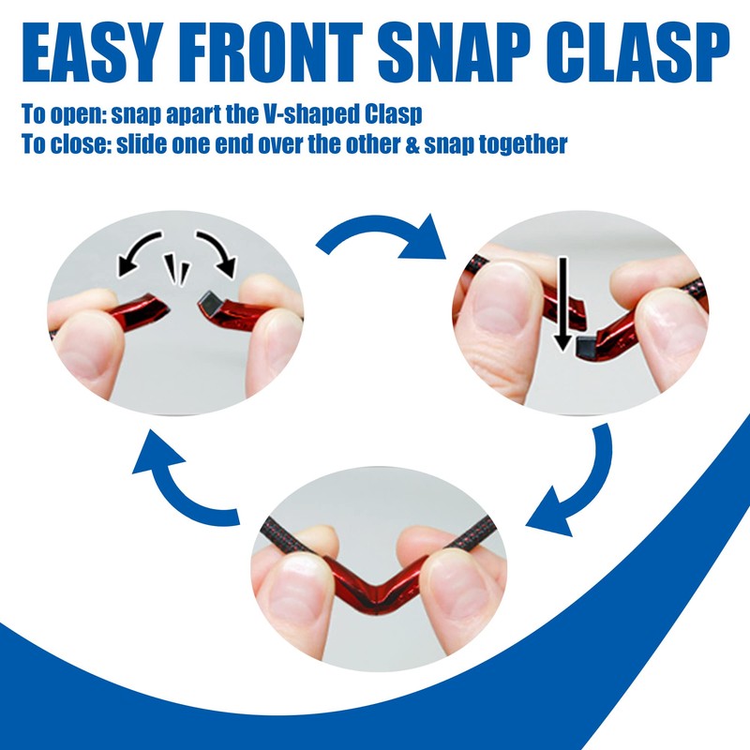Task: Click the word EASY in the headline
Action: (89, 52)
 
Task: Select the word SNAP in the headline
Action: (456, 52)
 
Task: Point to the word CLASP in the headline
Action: (641, 52)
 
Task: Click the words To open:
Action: (64, 115)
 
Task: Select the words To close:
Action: (66, 144)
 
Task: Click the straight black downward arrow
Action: (563, 305)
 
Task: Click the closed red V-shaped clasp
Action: (373, 585)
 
